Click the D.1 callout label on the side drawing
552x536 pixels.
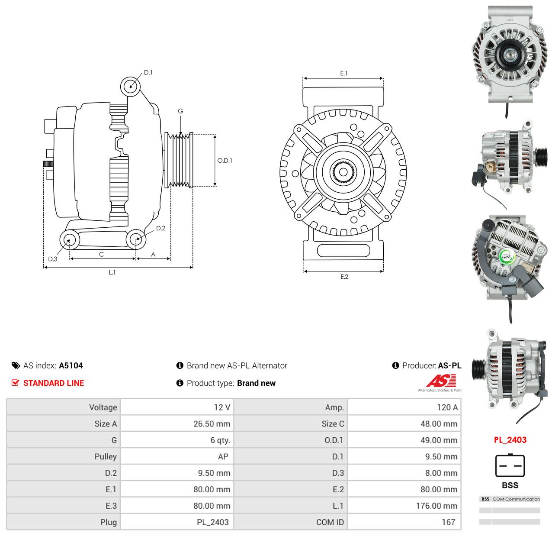pyautogui.click(x=148, y=72)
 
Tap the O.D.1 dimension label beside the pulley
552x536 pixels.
pyautogui.click(x=225, y=161)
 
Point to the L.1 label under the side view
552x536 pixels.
pyautogui.click(x=112, y=272)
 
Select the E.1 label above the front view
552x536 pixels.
pyautogui.click(x=343, y=73)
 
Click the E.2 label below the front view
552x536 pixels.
pyautogui.click(x=344, y=277)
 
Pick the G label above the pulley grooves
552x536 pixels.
pyautogui.click(x=180, y=111)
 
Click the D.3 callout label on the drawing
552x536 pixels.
pyautogui.click(x=52, y=259)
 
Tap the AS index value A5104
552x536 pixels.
pyautogui.click(x=71, y=366)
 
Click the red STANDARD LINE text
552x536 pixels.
pyautogui.click(x=54, y=383)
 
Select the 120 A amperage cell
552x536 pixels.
pyautogui.click(x=447, y=408)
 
